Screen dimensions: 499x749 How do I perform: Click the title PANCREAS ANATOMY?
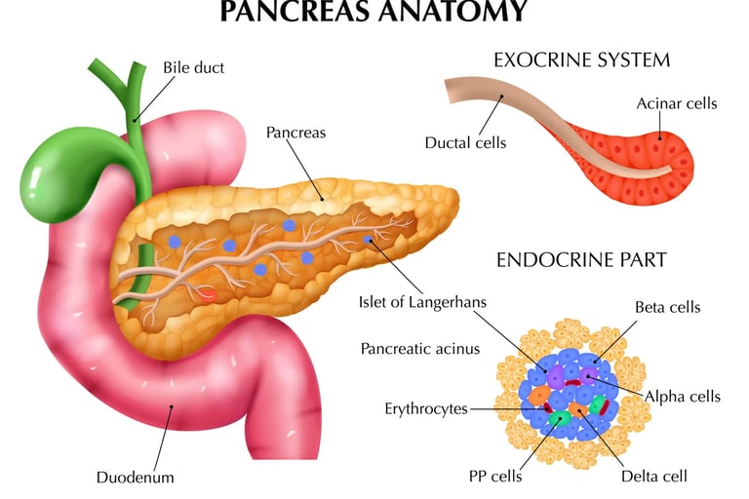(374, 11)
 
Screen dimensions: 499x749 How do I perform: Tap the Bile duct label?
(193, 68)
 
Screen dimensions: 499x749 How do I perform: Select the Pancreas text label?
(296, 132)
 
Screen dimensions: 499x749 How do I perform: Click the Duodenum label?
(135, 478)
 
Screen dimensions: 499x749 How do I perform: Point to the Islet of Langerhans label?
(421, 303)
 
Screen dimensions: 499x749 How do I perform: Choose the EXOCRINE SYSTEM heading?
(581, 60)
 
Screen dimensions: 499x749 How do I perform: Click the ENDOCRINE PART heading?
(581, 260)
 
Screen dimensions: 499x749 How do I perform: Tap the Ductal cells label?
(465, 143)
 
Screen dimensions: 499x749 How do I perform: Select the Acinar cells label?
(677, 103)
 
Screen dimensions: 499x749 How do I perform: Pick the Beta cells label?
(667, 308)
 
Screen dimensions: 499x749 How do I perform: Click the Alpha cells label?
(683, 397)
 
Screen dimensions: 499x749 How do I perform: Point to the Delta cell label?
(654, 477)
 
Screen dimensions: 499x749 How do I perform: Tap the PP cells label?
(495, 477)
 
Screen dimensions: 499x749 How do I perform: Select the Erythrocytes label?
(426, 408)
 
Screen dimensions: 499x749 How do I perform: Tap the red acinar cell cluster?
(644, 156)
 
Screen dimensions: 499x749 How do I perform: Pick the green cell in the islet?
(560, 419)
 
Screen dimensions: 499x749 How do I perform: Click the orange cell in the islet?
(539, 396)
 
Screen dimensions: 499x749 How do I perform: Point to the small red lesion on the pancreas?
(209, 291)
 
